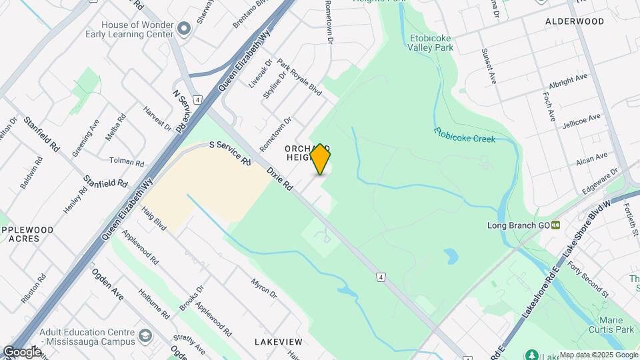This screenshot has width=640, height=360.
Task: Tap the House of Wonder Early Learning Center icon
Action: [185, 28]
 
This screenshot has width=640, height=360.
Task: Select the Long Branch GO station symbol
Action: [555, 225]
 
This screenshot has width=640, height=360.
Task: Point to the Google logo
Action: [21, 351]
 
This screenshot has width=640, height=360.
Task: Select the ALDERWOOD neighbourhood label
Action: [575, 21]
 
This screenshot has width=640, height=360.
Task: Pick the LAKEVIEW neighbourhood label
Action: [279, 342]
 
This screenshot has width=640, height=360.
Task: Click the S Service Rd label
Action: [229, 152]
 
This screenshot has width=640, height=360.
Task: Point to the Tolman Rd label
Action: [127, 161]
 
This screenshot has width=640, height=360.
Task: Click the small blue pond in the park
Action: [451, 255]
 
